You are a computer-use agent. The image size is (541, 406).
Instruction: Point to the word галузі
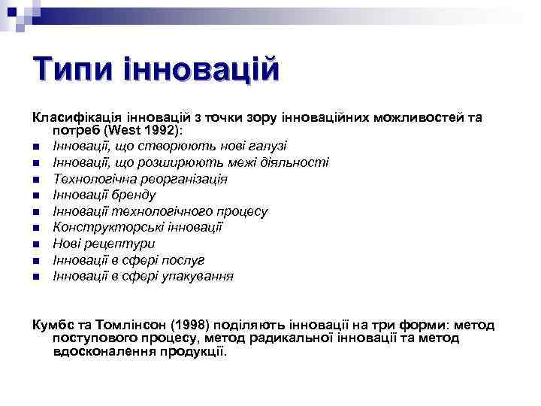click(x=263, y=146)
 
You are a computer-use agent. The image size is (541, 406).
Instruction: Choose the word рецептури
click(x=121, y=244)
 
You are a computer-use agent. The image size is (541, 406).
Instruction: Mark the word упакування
click(x=196, y=277)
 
